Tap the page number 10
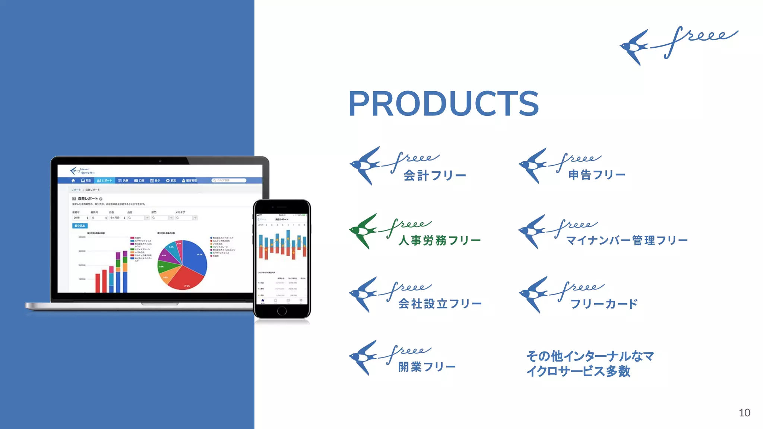744,413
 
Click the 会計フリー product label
435,175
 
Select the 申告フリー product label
597,174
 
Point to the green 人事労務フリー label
440,240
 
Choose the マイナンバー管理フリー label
627,240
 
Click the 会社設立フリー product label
440,304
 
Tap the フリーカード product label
604,304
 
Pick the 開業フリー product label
427,367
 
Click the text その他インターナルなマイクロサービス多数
590,363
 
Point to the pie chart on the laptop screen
182,265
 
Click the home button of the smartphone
282,311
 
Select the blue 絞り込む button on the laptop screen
80,226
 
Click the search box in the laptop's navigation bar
229,180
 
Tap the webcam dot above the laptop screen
160,161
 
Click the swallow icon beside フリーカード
533,294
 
